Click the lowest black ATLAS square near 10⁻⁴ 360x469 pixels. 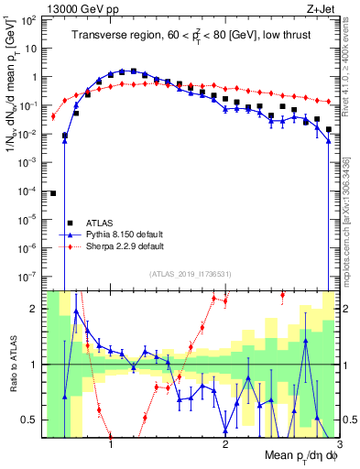click(53, 193)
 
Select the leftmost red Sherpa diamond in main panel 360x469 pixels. click(53, 116)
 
